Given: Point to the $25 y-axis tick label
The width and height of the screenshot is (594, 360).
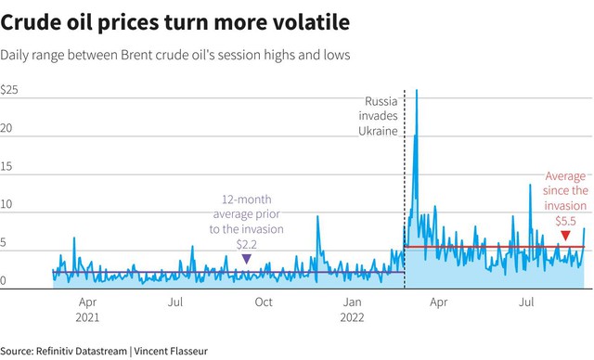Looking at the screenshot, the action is click(9, 90).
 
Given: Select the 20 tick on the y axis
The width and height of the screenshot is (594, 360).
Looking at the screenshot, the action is click(6, 128).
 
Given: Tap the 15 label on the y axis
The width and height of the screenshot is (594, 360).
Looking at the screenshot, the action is click(6, 166).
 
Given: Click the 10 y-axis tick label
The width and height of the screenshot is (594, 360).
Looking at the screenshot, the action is click(6, 204).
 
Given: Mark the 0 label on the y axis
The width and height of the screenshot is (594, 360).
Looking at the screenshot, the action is click(3, 280).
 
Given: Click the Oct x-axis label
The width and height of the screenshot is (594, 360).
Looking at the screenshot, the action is click(264, 302).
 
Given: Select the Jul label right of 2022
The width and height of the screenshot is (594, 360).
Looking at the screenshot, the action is click(526, 302).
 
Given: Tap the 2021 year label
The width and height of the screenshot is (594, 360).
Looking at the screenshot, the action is click(87, 317).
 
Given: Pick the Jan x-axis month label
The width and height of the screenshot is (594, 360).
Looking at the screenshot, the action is click(352, 302).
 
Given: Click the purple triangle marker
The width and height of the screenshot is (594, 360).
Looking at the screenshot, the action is click(247, 259).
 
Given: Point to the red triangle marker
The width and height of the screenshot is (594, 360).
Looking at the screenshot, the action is click(565, 236).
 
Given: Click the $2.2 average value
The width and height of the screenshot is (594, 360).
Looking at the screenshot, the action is click(247, 244).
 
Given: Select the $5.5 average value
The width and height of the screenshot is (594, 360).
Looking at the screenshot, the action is click(565, 221).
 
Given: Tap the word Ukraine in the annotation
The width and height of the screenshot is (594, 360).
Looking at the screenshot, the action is click(378, 131).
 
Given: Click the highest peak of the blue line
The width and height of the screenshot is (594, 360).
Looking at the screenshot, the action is click(417, 90).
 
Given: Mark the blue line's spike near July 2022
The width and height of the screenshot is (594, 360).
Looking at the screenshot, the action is click(530, 185).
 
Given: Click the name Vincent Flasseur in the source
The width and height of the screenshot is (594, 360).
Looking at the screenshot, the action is click(171, 351).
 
